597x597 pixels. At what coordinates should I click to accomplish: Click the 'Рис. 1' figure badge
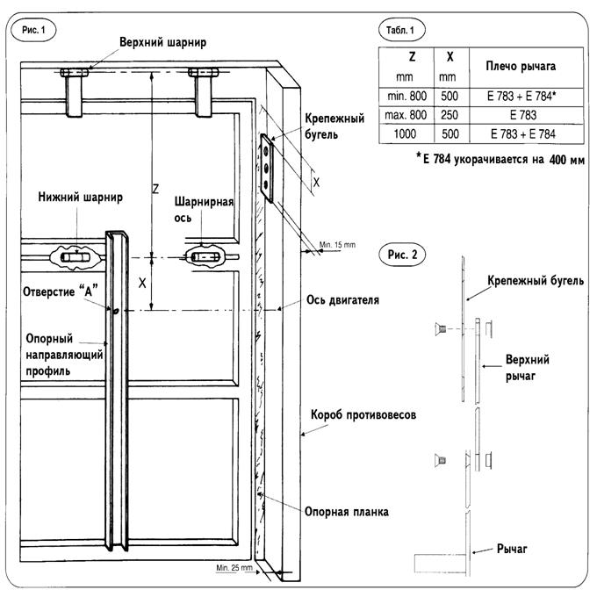[x=33, y=30]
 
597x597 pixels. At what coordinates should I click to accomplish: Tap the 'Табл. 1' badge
[x=402, y=30]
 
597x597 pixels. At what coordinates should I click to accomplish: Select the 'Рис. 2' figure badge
[x=402, y=255]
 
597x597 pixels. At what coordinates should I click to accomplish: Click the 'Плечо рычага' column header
[x=521, y=66]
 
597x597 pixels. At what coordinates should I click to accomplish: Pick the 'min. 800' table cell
[x=406, y=96]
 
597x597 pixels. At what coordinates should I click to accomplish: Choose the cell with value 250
[x=450, y=115]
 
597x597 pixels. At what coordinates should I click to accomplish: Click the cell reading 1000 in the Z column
[x=405, y=134]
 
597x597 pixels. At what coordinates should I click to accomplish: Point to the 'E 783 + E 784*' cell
[x=521, y=96]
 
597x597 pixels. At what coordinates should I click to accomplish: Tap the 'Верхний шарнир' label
[x=163, y=42]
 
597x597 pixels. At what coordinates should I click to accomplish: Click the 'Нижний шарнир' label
[x=81, y=198]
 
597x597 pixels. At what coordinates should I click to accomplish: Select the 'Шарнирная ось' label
[x=204, y=210]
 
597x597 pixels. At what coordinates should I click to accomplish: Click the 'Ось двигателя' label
[x=342, y=300]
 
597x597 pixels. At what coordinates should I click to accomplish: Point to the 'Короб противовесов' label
[x=363, y=414]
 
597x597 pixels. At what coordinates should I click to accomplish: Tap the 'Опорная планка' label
[x=347, y=512]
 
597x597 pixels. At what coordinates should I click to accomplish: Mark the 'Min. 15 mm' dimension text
[x=337, y=245]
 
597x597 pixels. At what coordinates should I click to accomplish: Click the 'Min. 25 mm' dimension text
[x=234, y=568]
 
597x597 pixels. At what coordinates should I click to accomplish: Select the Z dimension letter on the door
[x=155, y=189]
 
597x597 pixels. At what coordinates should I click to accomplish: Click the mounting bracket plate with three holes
[x=267, y=168]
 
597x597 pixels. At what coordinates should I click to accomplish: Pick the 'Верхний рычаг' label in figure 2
[x=527, y=368]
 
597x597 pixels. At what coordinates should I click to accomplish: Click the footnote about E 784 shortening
[x=500, y=159]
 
